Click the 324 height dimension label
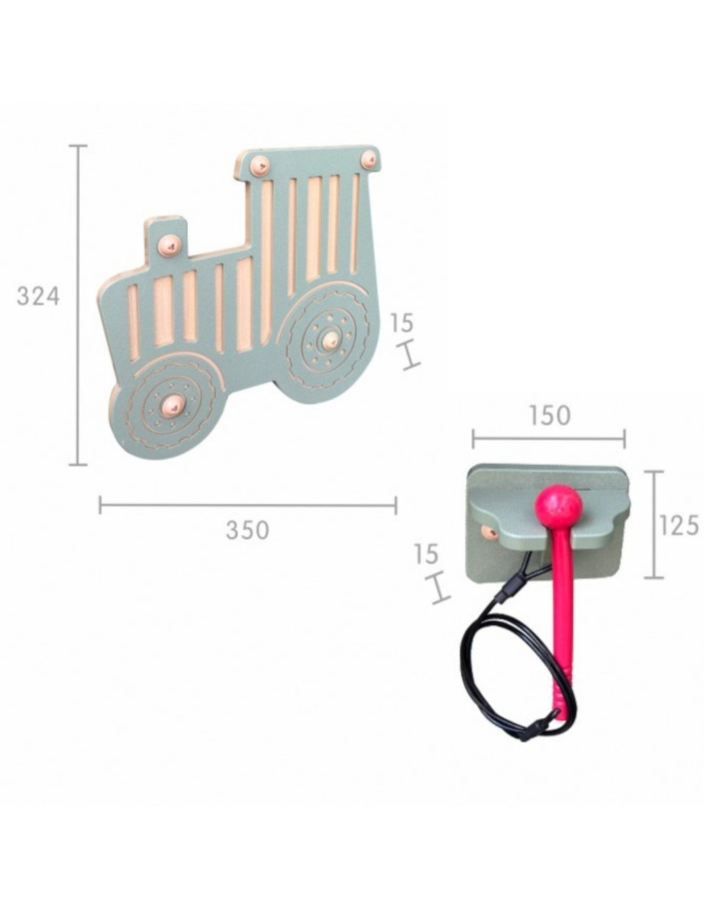click(38, 296)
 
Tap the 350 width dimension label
click(247, 529)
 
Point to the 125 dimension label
click(679, 525)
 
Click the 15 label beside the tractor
click(402, 323)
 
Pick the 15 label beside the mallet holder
click(427, 554)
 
